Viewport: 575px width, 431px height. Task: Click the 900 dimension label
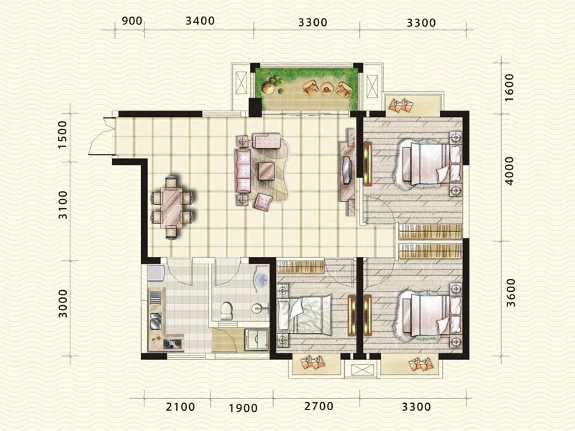(132, 21)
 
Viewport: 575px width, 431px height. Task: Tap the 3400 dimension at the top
(200, 21)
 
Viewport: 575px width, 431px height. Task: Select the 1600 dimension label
(509, 88)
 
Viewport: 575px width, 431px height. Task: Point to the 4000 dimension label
(509, 171)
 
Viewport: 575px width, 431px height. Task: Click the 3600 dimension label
(510, 293)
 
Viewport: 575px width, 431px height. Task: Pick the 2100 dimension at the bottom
(180, 407)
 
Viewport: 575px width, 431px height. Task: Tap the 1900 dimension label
(243, 408)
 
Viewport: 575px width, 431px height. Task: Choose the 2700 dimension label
(318, 406)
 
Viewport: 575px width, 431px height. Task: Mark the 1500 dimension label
(63, 134)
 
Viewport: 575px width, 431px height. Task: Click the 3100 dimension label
(63, 205)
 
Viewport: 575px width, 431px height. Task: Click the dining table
(172, 208)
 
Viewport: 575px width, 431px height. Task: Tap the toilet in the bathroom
(226, 311)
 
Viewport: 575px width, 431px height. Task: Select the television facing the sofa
(347, 169)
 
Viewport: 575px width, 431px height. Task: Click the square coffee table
(267, 171)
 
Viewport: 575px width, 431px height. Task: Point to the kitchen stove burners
(172, 343)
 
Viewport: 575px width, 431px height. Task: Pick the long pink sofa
(242, 170)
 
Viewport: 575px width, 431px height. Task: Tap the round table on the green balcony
(326, 88)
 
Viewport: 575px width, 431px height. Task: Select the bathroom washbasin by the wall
(261, 280)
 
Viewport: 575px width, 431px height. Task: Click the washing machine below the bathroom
(257, 339)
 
